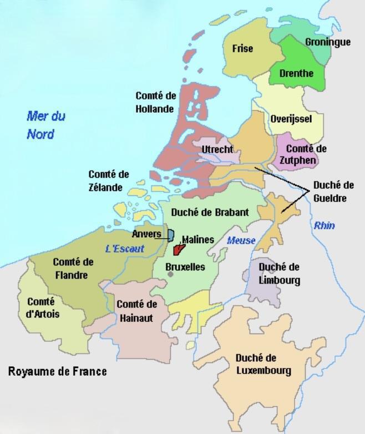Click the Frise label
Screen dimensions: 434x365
tap(242, 49)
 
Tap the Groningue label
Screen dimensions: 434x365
tap(328, 42)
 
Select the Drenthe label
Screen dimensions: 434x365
tap(296, 73)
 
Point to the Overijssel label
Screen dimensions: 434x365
tap(291, 119)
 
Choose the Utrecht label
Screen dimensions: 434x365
tap(217, 150)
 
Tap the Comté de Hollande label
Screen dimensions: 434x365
tap(155, 102)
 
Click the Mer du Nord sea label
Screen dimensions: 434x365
tap(45, 125)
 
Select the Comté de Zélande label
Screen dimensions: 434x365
tap(108, 180)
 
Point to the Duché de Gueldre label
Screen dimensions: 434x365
tap(333, 191)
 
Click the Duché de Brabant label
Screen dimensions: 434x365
tap(210, 212)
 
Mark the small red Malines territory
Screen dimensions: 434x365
tap(178, 250)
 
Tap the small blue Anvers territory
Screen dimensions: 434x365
tap(171, 235)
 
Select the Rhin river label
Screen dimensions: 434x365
tap(325, 225)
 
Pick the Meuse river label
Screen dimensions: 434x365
tap(241, 240)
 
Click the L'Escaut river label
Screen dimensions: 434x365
tap(125, 249)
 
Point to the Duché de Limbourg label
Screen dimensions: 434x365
tap(279, 274)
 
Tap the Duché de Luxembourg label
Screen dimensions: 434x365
tap(263, 364)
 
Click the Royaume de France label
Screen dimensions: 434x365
tap(57, 371)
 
